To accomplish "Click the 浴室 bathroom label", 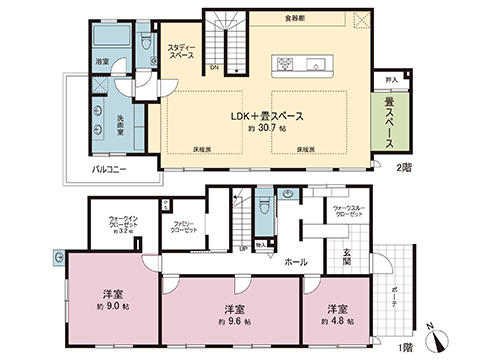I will coord(101,62).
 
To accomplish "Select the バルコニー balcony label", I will coord(108,170).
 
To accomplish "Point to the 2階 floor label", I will coord(403,168).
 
